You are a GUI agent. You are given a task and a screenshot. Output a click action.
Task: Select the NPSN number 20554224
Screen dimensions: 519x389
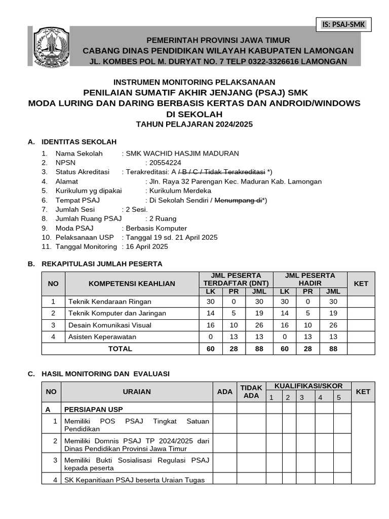click(x=165, y=163)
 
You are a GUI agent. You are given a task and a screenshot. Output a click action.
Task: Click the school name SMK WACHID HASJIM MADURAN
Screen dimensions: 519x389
click(x=182, y=154)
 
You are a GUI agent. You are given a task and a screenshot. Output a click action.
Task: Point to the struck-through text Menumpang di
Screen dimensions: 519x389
click(x=238, y=200)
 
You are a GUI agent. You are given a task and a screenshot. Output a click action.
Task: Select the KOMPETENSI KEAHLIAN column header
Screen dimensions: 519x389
click(x=132, y=283)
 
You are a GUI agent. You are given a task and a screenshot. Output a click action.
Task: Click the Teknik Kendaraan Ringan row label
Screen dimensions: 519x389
click(x=103, y=302)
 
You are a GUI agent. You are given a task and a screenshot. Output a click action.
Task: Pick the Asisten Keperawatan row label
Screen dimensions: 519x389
click(x=102, y=337)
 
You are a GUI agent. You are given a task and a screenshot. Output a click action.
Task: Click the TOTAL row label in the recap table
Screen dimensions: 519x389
click(x=120, y=349)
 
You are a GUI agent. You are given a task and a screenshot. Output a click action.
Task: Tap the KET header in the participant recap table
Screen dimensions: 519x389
click(x=361, y=283)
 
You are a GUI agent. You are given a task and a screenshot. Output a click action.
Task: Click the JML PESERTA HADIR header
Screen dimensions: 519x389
click(x=310, y=279)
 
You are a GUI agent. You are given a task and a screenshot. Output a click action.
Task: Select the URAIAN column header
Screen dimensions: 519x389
click(x=137, y=392)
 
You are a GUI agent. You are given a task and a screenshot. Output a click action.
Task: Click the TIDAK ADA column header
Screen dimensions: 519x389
click(x=251, y=392)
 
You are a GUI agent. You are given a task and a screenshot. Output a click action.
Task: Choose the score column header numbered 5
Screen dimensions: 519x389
click(x=338, y=397)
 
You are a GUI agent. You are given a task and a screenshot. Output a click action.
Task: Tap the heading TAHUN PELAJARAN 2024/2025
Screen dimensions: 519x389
click(x=194, y=124)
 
